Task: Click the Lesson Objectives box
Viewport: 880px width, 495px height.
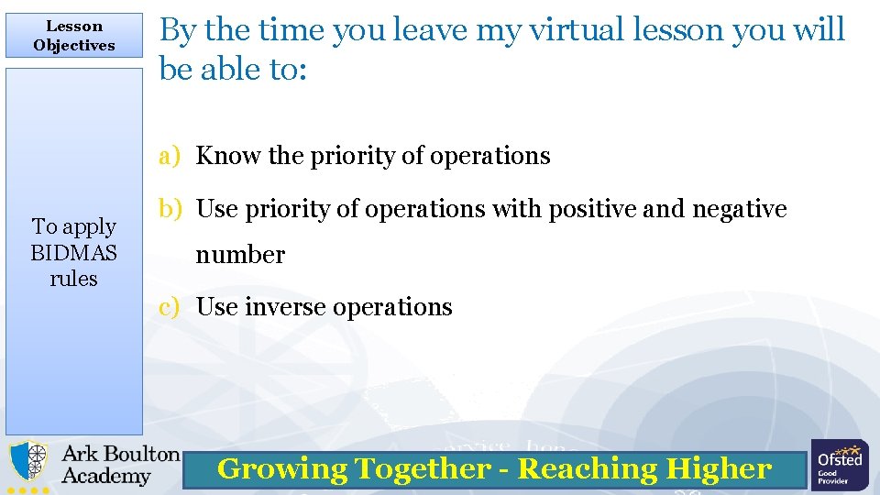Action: click(x=74, y=36)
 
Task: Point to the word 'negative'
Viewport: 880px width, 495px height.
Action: click(x=739, y=209)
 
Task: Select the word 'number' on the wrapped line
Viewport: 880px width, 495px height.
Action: click(x=240, y=255)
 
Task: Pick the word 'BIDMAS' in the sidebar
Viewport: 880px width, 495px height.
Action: click(x=74, y=252)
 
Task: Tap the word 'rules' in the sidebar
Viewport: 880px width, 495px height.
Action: click(x=74, y=278)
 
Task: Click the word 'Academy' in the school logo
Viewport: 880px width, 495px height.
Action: click(x=105, y=477)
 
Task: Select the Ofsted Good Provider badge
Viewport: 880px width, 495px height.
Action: click(x=839, y=465)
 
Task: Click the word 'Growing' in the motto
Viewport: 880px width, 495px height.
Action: click(x=281, y=469)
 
